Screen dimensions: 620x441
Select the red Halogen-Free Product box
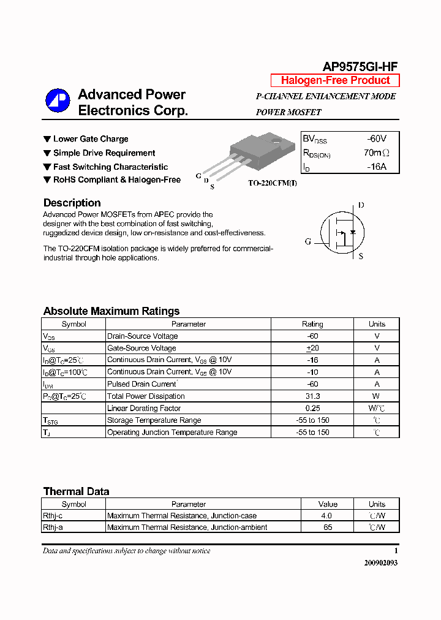335,80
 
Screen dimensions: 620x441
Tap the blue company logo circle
57,101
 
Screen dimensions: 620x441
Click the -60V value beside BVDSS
377,139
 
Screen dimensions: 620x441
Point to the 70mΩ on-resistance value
376,153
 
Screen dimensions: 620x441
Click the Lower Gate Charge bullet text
91,139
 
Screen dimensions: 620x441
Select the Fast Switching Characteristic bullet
110,167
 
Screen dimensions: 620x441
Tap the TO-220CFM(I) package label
272,183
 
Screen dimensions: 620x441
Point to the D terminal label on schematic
361,205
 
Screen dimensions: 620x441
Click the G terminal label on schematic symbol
308,241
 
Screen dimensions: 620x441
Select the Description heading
72,203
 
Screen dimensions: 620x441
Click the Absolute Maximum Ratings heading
111,311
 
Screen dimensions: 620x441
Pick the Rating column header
312,324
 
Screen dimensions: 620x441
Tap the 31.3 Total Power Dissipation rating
312,396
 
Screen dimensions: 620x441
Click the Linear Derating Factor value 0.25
312,408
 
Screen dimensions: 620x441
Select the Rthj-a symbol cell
53,527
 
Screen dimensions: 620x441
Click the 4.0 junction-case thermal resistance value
328,516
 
